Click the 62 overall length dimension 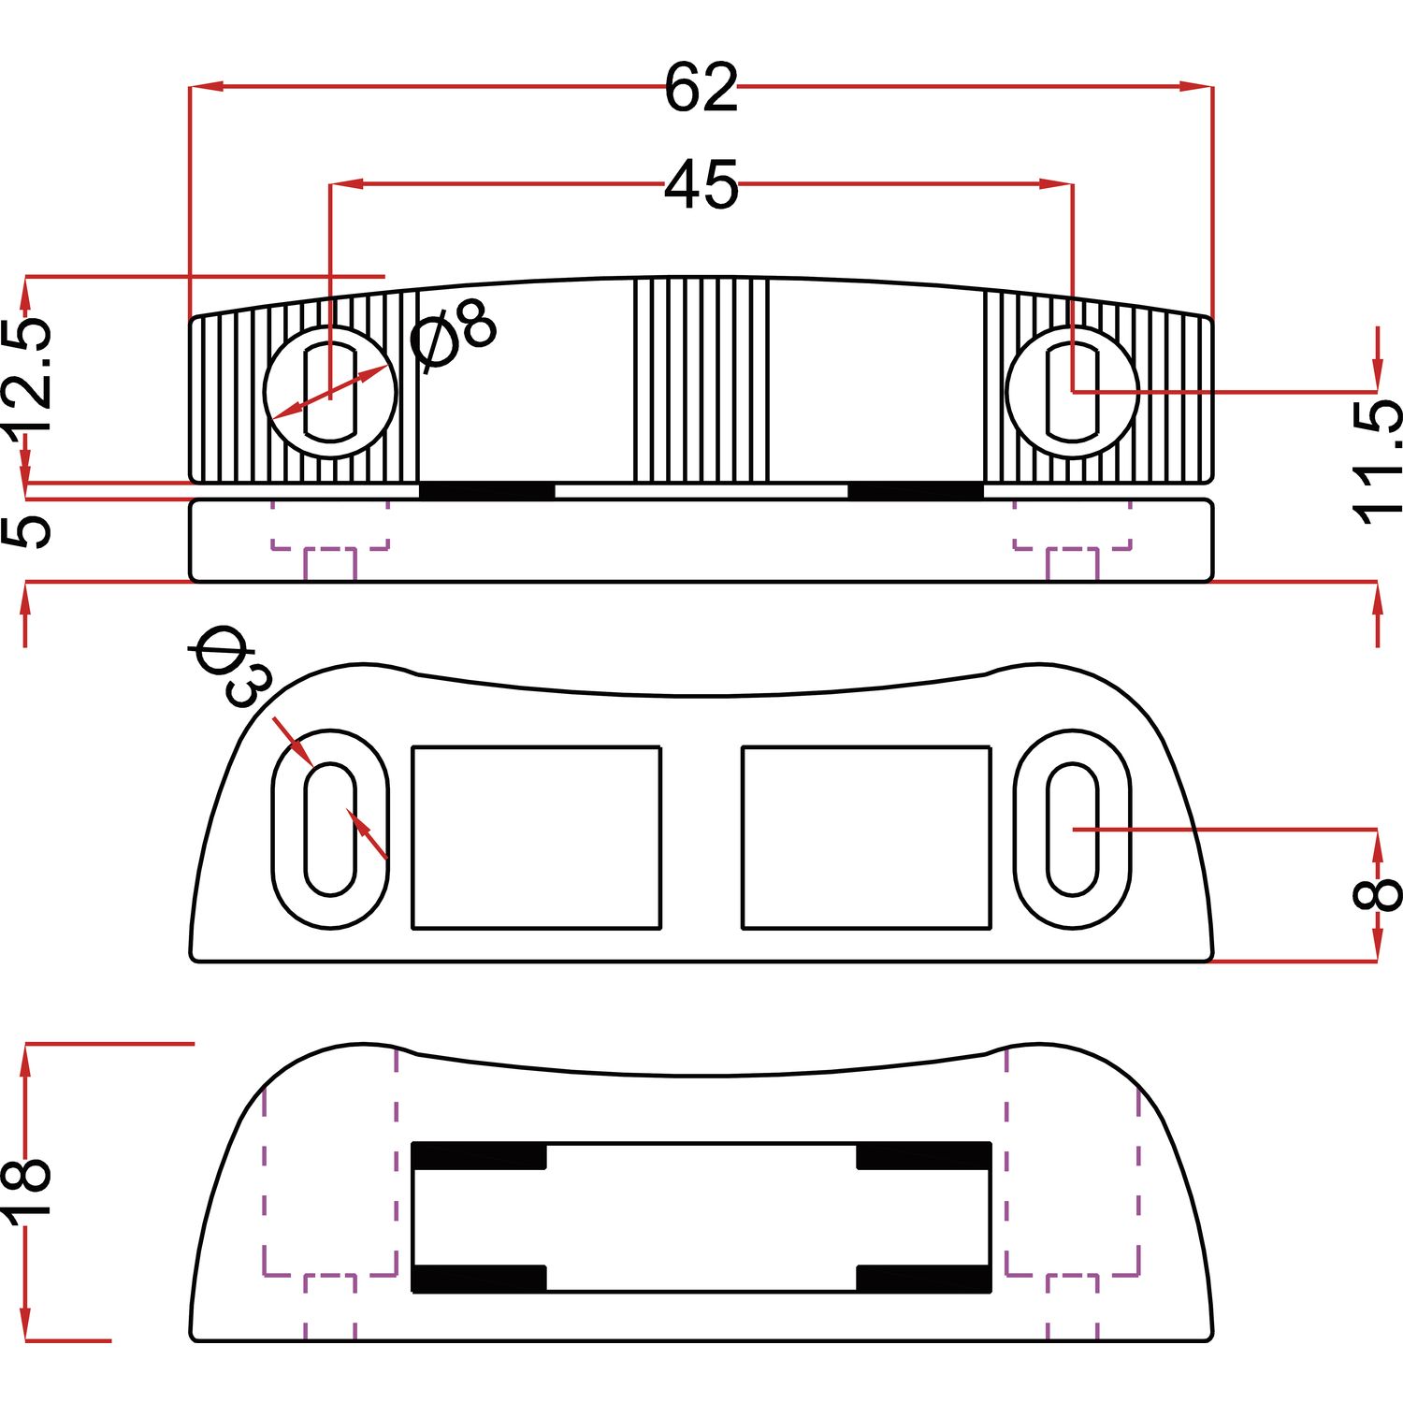(x=701, y=88)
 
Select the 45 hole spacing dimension (x=701, y=184)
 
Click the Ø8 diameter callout (x=455, y=336)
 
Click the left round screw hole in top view (x=330, y=392)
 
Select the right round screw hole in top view (x=1072, y=392)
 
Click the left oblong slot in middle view (x=330, y=830)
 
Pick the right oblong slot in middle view (x=1072, y=830)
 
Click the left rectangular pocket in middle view (x=537, y=837)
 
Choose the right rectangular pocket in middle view (x=866, y=837)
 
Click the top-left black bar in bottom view (x=479, y=1156)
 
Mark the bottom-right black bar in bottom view (x=924, y=1279)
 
